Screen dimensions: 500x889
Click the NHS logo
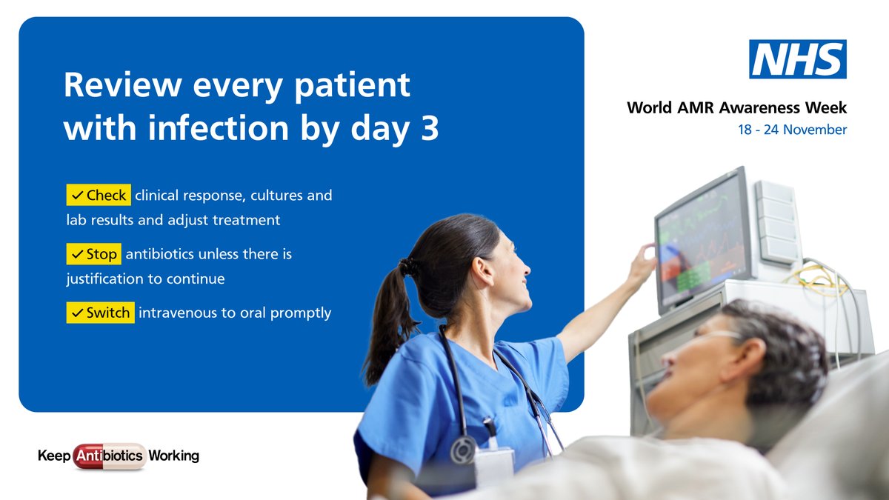click(x=797, y=59)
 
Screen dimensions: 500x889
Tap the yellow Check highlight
click(x=99, y=196)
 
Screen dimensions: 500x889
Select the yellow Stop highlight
click(x=93, y=254)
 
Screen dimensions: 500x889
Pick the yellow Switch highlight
click(x=100, y=313)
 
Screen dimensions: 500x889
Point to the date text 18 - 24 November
click(x=792, y=130)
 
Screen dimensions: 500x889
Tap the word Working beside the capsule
click(x=173, y=456)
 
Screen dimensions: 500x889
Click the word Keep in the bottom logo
click(x=53, y=456)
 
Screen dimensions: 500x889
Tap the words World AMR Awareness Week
click(x=736, y=108)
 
